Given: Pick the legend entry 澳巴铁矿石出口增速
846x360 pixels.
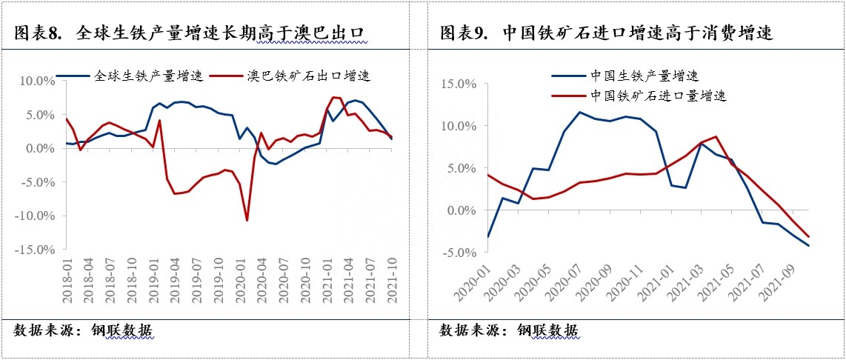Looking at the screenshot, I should coord(307,76).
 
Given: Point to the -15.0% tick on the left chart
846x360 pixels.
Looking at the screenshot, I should coord(35,250).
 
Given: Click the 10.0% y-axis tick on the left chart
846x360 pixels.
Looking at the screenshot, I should coord(37,81).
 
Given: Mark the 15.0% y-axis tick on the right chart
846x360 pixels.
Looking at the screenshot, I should coord(459,84).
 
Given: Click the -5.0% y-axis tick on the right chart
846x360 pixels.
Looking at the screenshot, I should coord(459,253).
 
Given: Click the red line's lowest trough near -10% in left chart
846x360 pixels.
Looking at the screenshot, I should coord(247,220).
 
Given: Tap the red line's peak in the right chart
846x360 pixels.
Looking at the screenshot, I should coord(715,136).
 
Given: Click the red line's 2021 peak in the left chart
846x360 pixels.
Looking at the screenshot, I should coord(334,97).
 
